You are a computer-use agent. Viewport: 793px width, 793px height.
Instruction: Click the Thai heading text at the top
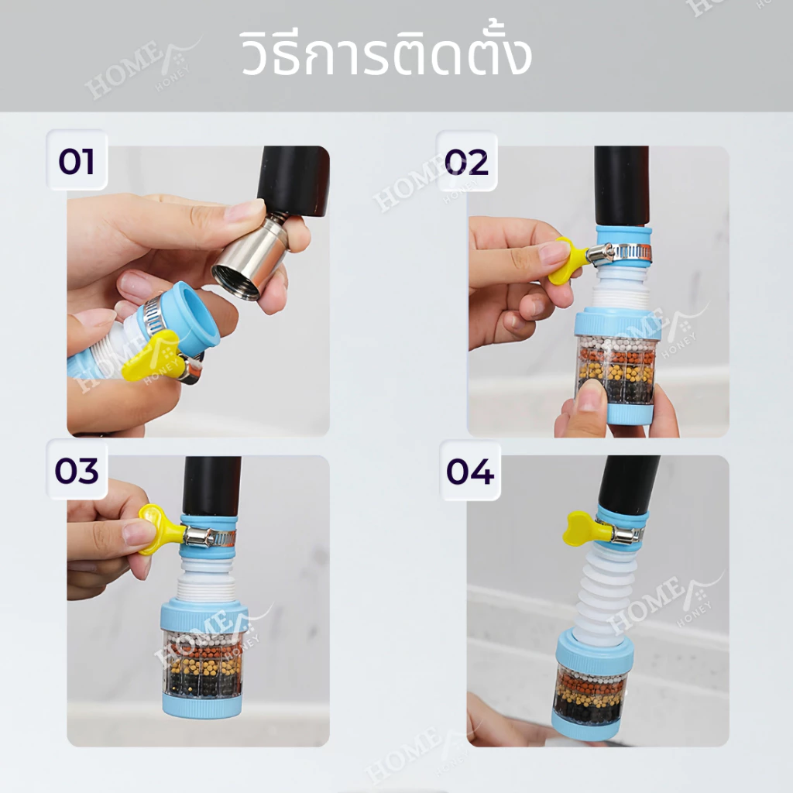pos(386,53)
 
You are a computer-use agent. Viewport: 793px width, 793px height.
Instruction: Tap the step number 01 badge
pos(77,161)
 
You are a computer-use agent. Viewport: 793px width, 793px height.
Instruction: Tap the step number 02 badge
pos(466,162)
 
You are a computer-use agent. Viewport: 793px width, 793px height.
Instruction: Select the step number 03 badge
pos(77,470)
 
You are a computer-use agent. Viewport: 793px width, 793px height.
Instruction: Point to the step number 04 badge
pos(470,471)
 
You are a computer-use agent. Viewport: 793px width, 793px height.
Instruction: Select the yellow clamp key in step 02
pos(569,260)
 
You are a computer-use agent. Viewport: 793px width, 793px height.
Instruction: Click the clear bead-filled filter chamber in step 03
pos(202,663)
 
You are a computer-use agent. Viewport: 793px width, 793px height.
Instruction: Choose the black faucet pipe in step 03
pos(211,486)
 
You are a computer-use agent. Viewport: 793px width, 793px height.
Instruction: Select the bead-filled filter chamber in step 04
pos(591,693)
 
